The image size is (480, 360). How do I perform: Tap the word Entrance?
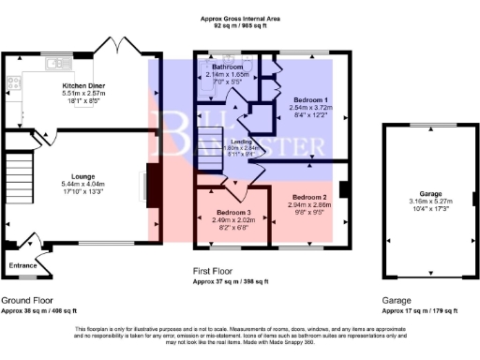click(23, 265)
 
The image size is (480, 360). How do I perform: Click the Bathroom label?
click(226, 68)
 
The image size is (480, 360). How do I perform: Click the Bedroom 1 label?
click(310, 99)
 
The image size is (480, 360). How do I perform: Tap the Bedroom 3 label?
click(223, 213)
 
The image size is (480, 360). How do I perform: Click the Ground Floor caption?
click(27, 299)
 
